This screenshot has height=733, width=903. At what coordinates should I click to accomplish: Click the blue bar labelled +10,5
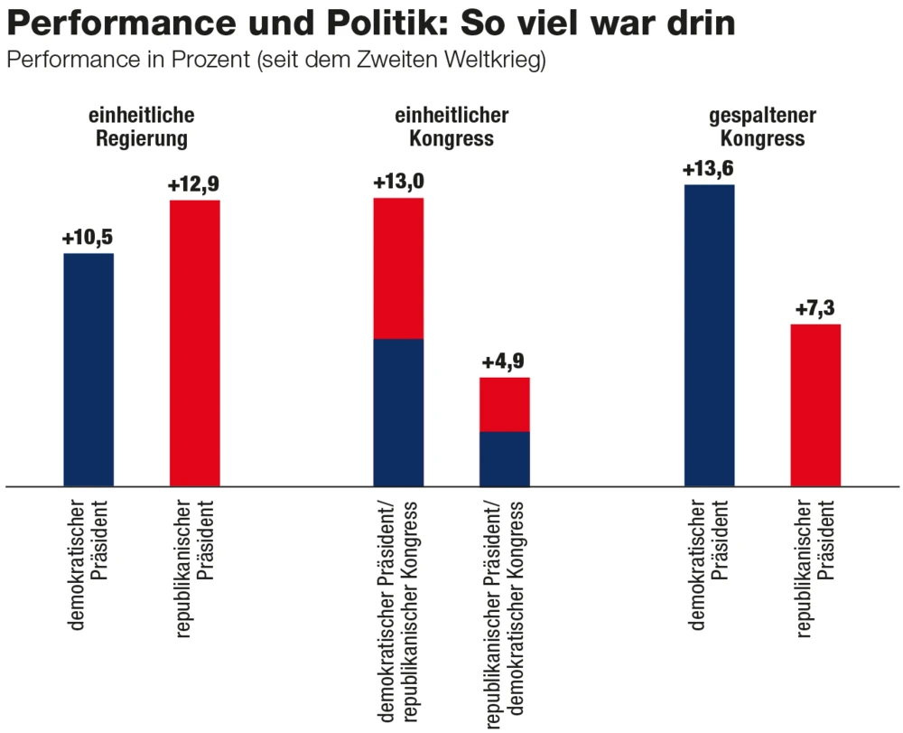[x=88, y=370]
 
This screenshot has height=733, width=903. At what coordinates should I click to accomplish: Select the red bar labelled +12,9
[x=195, y=343]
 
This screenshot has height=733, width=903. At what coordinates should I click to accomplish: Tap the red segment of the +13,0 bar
[x=398, y=268]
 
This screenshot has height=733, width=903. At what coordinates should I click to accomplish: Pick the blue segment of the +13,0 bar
[x=398, y=412]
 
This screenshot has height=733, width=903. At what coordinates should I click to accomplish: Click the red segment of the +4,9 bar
[x=504, y=404]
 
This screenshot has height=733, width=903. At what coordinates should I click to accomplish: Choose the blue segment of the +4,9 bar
[x=504, y=459]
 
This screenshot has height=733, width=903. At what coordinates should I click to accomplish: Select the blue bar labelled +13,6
[x=709, y=335]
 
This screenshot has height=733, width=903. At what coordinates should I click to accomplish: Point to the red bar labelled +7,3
[x=815, y=405]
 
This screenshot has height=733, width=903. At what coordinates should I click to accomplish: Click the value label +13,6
[x=709, y=169]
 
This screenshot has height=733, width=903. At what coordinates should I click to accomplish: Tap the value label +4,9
[x=504, y=362]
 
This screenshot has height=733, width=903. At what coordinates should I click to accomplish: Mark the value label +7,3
[x=815, y=309]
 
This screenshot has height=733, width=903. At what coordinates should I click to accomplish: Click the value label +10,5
[x=88, y=239]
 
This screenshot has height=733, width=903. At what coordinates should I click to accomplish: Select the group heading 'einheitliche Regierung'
[x=142, y=127]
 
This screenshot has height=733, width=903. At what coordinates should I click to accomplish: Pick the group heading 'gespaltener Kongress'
[x=762, y=127]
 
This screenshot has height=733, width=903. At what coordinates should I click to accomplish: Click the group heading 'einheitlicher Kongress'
[x=451, y=127]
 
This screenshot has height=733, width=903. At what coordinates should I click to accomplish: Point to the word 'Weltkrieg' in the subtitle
[x=500, y=61]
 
